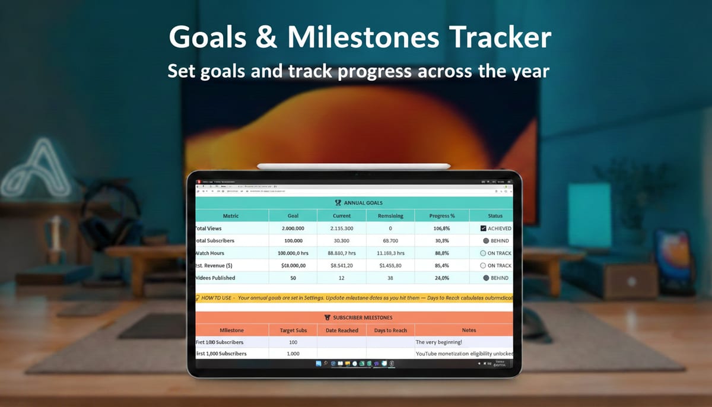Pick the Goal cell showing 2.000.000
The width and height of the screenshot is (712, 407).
click(x=293, y=228)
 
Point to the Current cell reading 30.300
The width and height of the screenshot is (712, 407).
click(x=342, y=241)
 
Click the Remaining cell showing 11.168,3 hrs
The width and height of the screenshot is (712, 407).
click(x=390, y=253)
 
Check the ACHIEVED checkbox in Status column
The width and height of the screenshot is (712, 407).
click(x=484, y=228)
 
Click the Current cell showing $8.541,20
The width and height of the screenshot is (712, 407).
click(x=342, y=266)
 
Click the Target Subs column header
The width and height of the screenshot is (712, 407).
click(x=293, y=330)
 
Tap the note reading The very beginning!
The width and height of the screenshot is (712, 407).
click(x=438, y=342)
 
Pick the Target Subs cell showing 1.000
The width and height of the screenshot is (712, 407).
click(x=293, y=354)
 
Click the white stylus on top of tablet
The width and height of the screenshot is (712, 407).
click(x=354, y=166)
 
